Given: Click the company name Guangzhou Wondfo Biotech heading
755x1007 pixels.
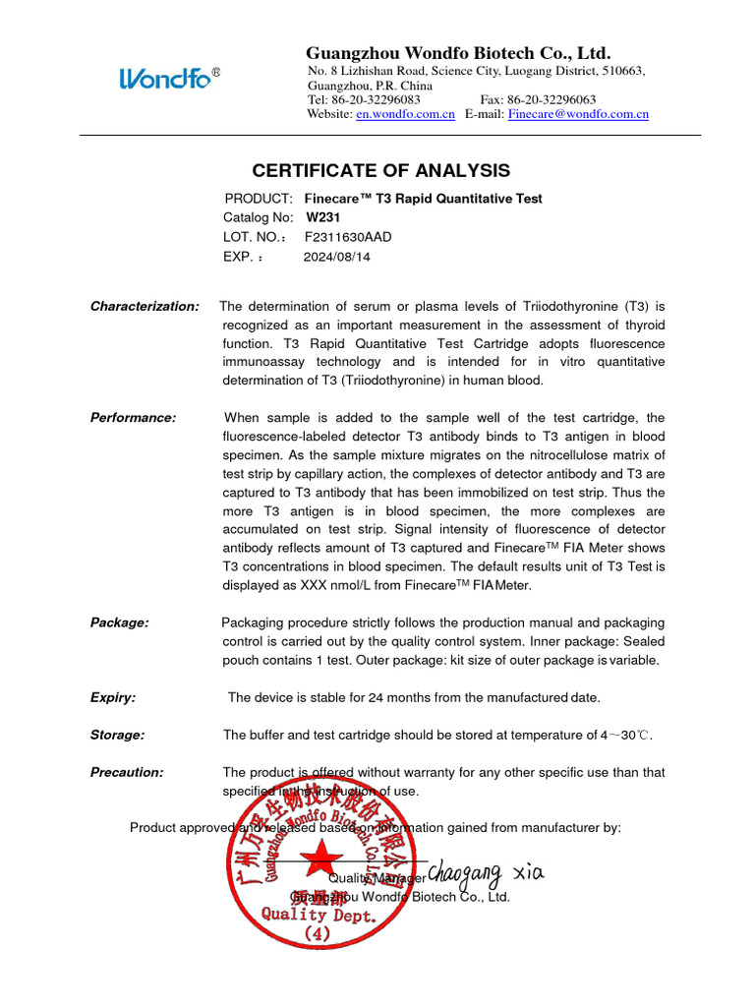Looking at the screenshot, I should (458, 52).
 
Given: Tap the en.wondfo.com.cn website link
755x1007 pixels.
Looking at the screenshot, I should (405, 115).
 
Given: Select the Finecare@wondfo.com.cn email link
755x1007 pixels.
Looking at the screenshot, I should (578, 115).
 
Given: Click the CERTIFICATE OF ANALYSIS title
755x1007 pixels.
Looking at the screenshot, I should (381, 170).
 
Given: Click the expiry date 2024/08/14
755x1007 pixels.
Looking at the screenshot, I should (337, 257).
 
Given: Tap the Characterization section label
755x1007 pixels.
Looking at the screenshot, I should (145, 307).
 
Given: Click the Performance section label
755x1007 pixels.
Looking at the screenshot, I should (133, 418).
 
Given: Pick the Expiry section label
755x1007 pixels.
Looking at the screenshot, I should (113, 697).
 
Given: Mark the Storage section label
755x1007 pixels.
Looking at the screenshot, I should (117, 735).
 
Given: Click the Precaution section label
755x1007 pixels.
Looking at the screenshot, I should (127, 772).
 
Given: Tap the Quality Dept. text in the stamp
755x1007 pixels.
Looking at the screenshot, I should (319, 915).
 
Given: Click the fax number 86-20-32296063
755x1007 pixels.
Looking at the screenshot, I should (552, 100).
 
